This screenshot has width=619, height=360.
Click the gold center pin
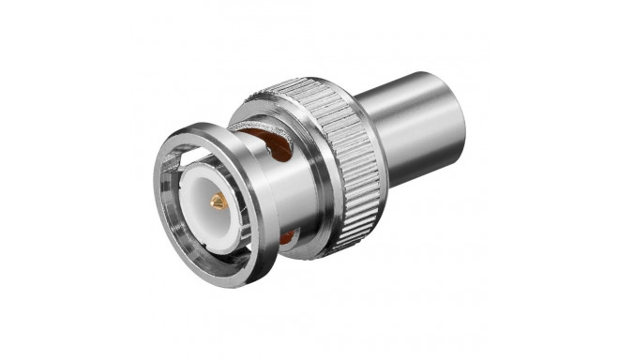217,201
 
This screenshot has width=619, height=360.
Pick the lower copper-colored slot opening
286,239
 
